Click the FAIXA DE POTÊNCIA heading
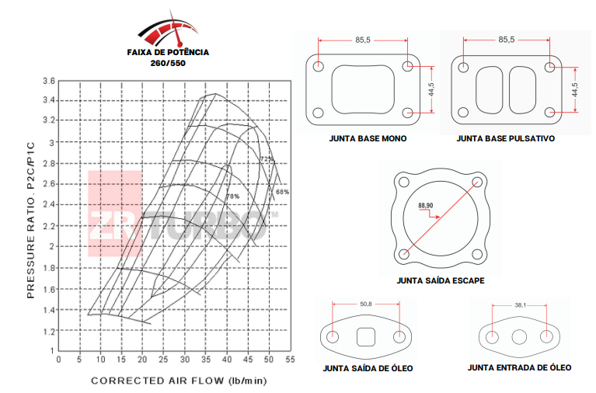[168, 53]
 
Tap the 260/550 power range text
[168, 64]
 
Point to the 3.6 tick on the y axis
[49, 81]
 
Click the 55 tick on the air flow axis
[290, 360]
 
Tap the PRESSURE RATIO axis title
[32, 220]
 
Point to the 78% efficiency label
[232, 196]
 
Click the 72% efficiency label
[267, 159]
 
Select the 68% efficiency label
[281, 192]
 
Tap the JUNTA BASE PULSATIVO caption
[505, 139]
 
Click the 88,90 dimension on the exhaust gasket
[425, 206]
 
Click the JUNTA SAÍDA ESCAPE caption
[441, 280]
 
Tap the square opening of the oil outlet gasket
[366, 338]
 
